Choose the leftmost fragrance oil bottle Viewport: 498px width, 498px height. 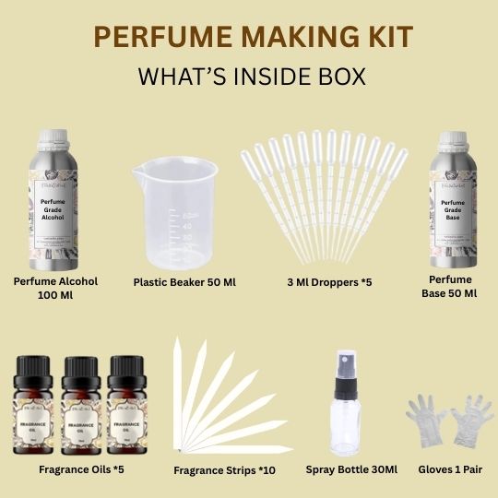(x=38, y=406)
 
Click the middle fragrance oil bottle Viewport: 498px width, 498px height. (x=80, y=406)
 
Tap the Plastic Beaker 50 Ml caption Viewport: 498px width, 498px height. (x=184, y=281)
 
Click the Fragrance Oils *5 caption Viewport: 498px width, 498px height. (x=81, y=468)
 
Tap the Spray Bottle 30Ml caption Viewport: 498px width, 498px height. (x=351, y=469)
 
